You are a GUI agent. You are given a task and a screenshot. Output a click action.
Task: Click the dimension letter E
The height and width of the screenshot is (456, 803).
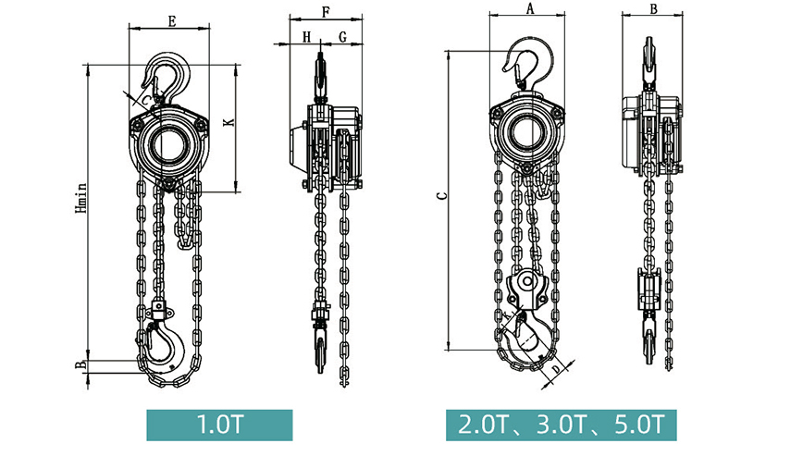172,21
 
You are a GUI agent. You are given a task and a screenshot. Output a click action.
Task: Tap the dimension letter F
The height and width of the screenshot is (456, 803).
327,12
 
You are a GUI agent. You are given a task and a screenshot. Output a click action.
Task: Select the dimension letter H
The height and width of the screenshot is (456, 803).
306,37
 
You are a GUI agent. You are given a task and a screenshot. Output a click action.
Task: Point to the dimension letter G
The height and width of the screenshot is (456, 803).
342,37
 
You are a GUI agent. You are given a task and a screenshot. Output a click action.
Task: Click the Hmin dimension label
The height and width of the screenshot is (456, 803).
81,198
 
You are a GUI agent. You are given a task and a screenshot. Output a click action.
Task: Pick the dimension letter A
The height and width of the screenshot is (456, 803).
530,8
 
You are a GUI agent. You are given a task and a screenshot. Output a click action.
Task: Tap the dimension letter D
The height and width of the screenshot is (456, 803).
556,369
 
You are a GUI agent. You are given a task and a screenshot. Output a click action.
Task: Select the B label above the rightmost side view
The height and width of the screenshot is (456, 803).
653,8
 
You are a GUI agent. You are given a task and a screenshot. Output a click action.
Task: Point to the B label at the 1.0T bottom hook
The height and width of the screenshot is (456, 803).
80,365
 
